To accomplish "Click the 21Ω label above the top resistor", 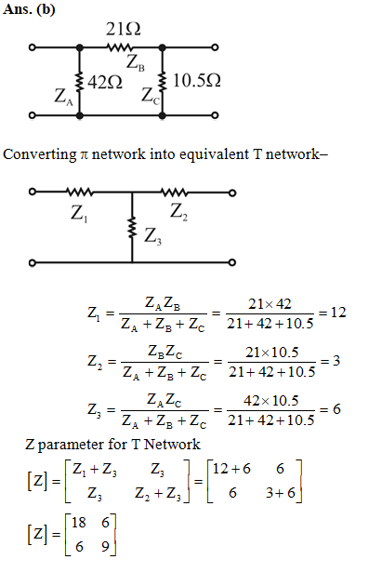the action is click(x=124, y=29).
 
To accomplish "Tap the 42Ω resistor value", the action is click(x=105, y=82).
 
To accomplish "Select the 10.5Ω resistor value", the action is click(x=197, y=80).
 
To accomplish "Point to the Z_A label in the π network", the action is click(x=63, y=97).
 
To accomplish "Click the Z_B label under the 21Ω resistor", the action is click(x=135, y=62).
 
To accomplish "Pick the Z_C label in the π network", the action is click(x=151, y=95).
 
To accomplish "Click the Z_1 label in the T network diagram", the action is click(x=79, y=214).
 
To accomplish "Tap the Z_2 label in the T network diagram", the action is click(x=178, y=212).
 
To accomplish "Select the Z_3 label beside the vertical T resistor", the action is click(x=153, y=236).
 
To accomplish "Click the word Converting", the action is click(x=40, y=154).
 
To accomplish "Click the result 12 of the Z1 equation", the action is click(x=338, y=312).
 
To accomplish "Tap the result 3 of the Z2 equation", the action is click(x=336, y=361).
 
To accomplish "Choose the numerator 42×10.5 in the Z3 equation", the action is click(x=271, y=401).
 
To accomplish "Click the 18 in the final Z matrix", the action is click(x=79, y=523).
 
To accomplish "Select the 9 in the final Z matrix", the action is click(x=105, y=547).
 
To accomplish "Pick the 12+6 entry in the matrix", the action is click(x=231, y=469).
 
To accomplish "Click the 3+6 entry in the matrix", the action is click(x=281, y=493).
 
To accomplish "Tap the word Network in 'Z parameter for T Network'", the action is click(x=172, y=445).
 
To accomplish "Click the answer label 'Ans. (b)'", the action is click(x=29, y=9).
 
